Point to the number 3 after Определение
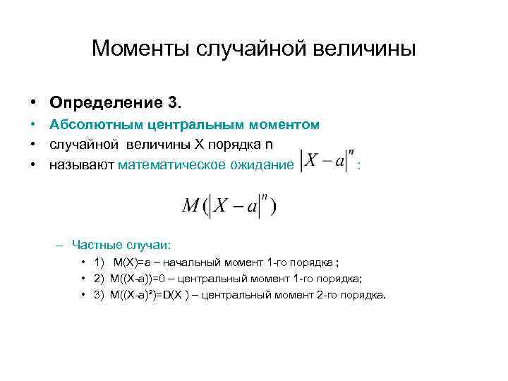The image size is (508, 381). click(x=174, y=103)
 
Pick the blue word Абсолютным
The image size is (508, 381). click(x=96, y=125)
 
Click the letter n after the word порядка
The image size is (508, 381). click(x=268, y=145)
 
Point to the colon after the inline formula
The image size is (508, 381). click(x=361, y=167)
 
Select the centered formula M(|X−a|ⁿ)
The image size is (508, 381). click(x=229, y=205)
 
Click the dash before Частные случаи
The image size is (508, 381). click(x=59, y=245)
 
